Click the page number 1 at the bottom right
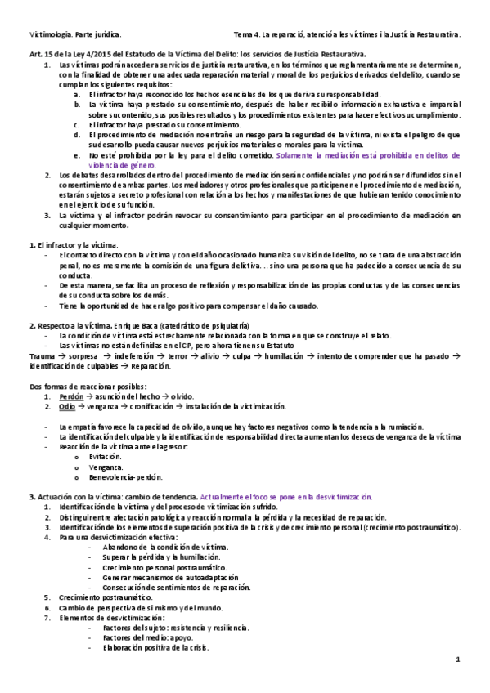(459, 659)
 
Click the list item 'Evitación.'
(108, 457)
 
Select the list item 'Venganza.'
(107, 467)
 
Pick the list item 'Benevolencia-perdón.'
(127, 476)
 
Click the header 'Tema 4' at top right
(246, 34)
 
